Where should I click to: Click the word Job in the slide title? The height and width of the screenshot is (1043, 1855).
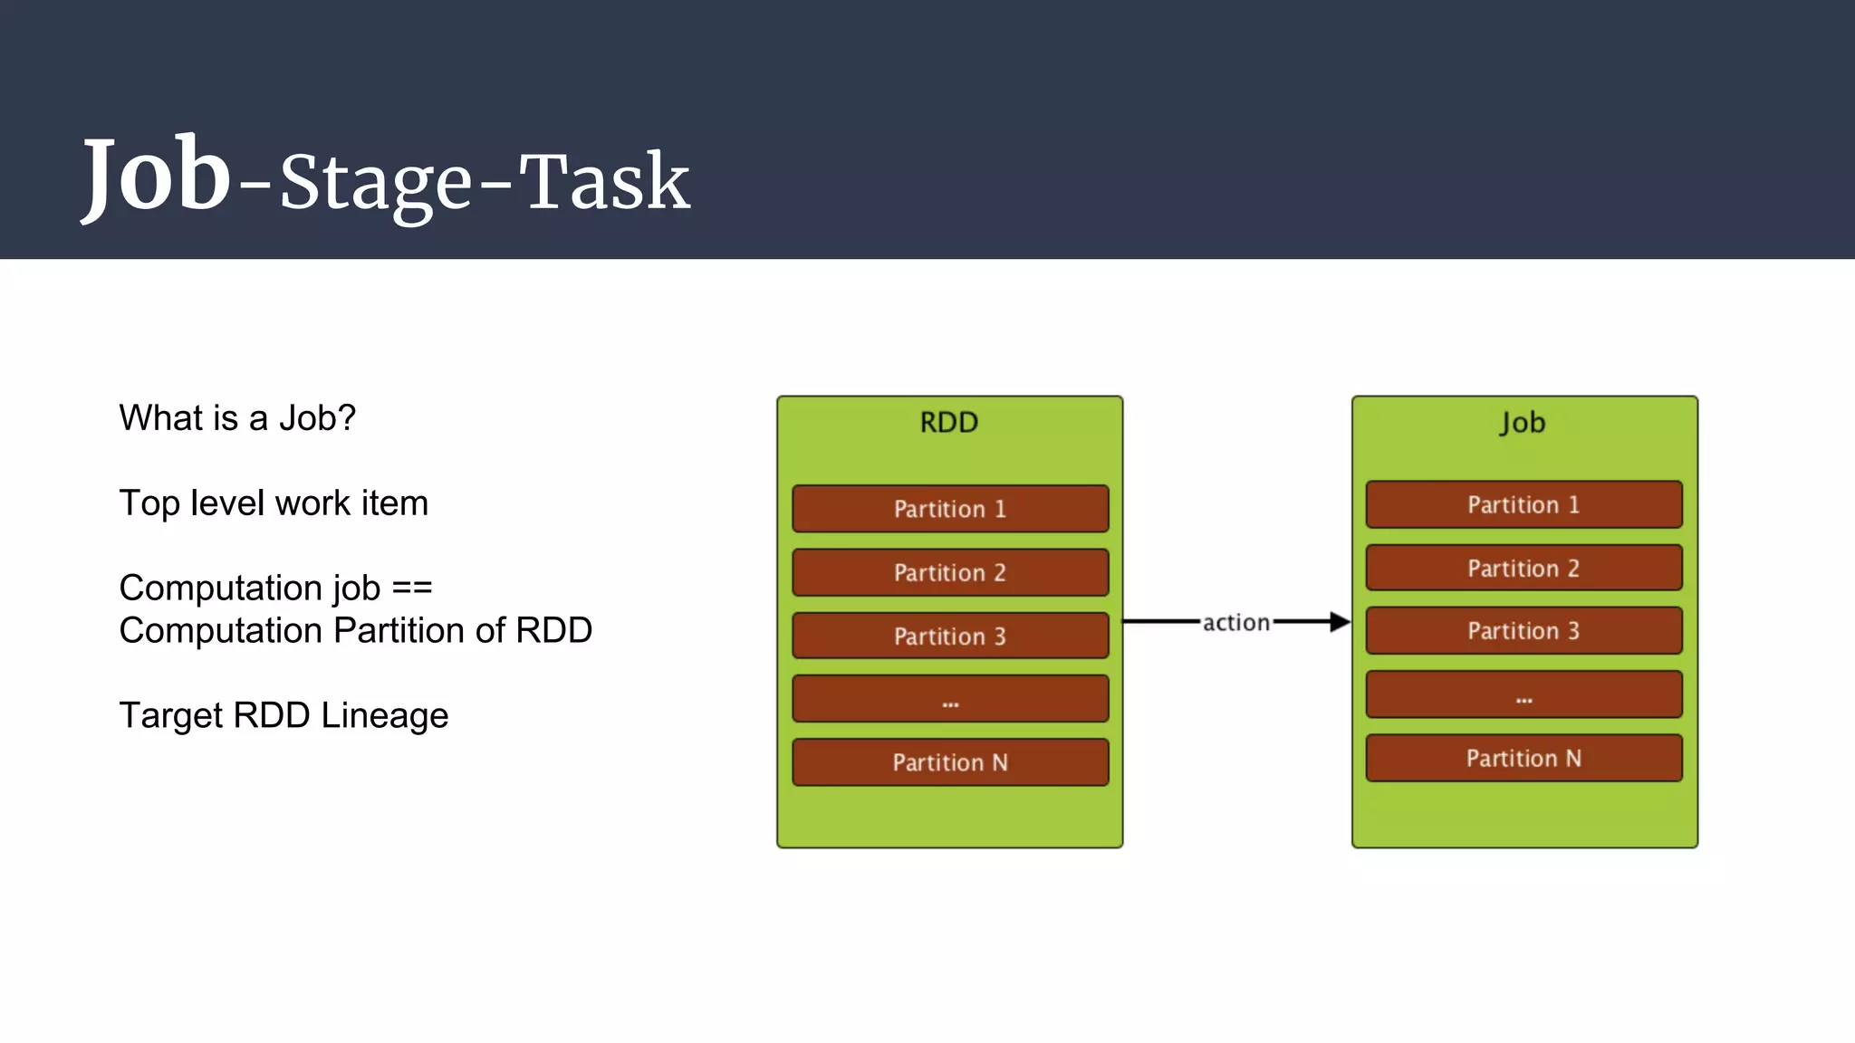coord(157,177)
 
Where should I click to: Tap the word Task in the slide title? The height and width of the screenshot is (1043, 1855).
coord(604,183)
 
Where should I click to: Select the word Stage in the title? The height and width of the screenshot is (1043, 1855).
coord(375,185)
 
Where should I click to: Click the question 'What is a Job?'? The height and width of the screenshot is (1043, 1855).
coord(237,418)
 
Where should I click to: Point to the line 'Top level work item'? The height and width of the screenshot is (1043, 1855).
coord(274,503)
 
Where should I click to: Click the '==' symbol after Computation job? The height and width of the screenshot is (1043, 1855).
coord(412,588)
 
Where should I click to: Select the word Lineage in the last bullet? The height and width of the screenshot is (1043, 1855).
coord(384,715)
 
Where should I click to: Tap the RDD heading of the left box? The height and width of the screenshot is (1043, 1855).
coord(948,423)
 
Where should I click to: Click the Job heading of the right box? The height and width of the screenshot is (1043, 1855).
coord(1523,423)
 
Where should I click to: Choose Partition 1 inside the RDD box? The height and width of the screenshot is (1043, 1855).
coord(950,509)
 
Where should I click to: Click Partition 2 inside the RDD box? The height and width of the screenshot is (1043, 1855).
coord(950,572)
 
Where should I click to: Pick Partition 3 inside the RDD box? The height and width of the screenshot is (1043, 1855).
coord(950,636)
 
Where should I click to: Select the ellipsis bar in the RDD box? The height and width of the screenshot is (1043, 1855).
coord(950,699)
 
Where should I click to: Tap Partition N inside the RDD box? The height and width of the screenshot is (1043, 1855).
coord(950,762)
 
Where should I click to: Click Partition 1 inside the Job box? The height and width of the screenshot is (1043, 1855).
coord(1523,504)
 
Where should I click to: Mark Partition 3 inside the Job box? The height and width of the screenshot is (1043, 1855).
coord(1523,630)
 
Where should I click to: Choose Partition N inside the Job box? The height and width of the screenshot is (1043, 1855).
coord(1523,758)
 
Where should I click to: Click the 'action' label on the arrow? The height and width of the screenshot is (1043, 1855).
coord(1236,623)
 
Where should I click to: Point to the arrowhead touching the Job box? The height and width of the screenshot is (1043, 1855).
coord(1340,622)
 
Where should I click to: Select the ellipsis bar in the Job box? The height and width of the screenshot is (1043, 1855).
coord(1523,694)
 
